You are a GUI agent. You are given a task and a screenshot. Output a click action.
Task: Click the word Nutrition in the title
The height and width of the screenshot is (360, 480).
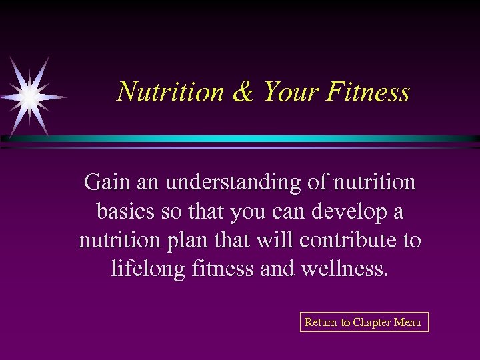pyautogui.click(x=171, y=92)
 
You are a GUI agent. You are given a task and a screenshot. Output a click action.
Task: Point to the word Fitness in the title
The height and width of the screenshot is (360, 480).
pyautogui.click(x=368, y=92)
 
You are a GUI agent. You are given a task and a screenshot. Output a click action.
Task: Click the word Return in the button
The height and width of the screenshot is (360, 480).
pyautogui.click(x=321, y=323)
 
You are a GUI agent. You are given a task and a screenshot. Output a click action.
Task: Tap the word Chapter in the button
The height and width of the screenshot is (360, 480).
pyautogui.click(x=373, y=323)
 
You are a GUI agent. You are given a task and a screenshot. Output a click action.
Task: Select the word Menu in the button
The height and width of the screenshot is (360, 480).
pyautogui.click(x=407, y=323)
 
